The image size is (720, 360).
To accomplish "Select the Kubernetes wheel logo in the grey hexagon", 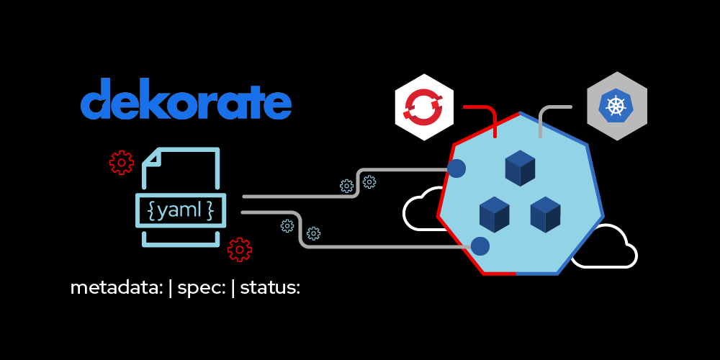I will click(x=616, y=107).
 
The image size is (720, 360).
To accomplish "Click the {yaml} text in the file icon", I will click(x=180, y=210).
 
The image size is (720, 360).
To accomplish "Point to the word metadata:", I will click(x=116, y=288).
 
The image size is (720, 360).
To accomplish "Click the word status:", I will click(x=270, y=288).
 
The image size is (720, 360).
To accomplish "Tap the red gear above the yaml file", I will click(x=121, y=162).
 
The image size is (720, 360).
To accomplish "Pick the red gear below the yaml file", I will click(x=239, y=249).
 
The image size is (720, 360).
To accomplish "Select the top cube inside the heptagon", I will click(x=520, y=168).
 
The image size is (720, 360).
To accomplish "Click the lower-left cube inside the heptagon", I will click(x=495, y=214).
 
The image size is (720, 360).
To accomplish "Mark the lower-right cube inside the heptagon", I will click(x=545, y=214).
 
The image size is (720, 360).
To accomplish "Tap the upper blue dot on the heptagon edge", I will click(x=456, y=168).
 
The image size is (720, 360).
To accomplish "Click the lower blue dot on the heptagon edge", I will click(x=480, y=246).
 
